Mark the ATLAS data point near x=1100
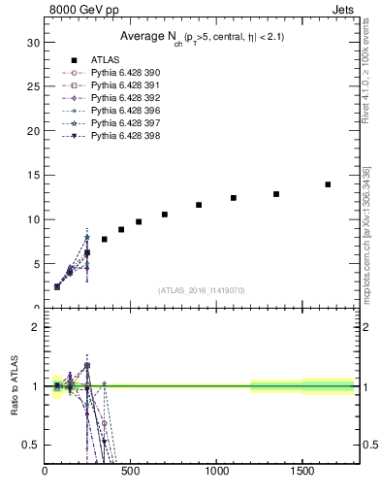234,198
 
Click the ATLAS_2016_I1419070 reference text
202,290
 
